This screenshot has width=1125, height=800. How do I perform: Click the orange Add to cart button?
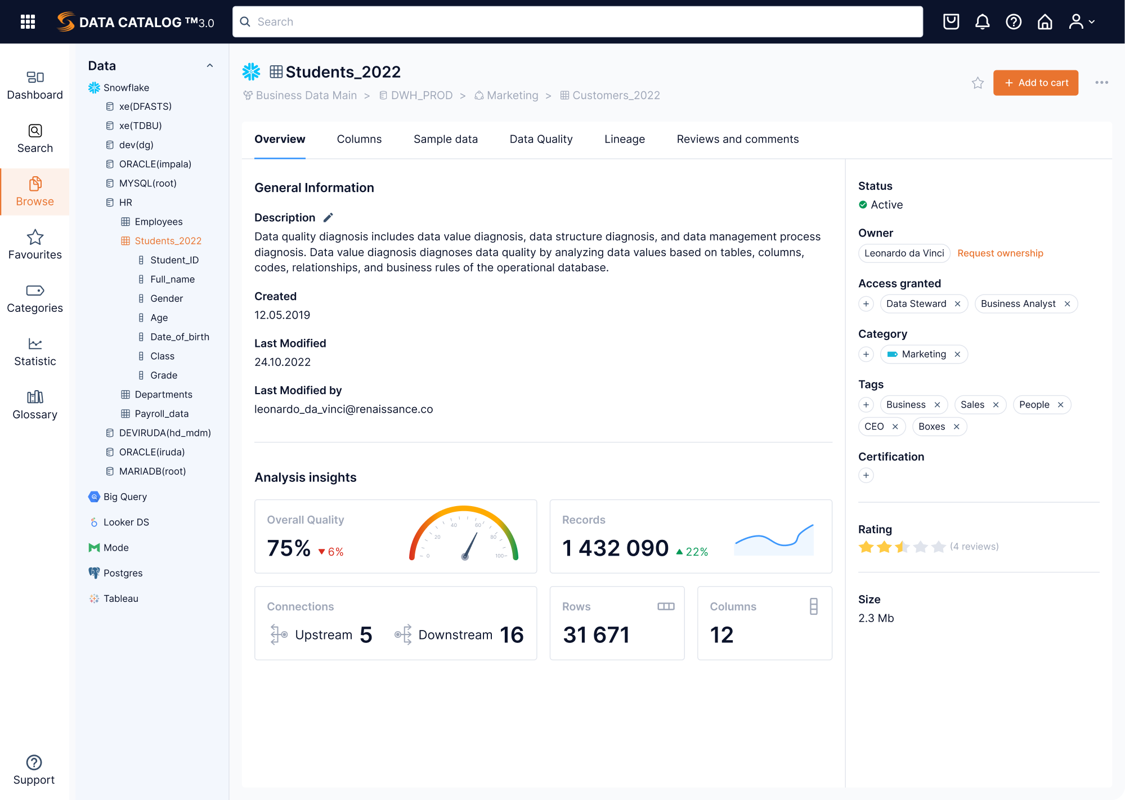pyautogui.click(x=1035, y=83)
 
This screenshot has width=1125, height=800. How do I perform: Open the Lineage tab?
pyautogui.click(x=624, y=139)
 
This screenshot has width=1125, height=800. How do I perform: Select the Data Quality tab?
pyautogui.click(x=541, y=139)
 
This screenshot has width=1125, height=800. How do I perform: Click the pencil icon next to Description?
pyautogui.click(x=328, y=217)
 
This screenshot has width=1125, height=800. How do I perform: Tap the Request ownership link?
pyautogui.click(x=999, y=253)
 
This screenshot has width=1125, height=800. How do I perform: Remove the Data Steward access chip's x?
pyautogui.click(x=957, y=304)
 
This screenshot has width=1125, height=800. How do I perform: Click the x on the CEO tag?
pyautogui.click(x=895, y=427)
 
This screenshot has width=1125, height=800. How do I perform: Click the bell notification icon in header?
pyautogui.click(x=982, y=22)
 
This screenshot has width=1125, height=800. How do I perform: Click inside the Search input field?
pyautogui.click(x=577, y=22)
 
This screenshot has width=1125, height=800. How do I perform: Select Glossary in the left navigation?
pyautogui.click(x=35, y=405)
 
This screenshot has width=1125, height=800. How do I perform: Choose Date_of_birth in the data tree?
pyautogui.click(x=180, y=337)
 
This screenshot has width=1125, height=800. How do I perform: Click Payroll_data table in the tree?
pyautogui.click(x=162, y=414)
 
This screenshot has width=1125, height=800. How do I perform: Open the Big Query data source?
pyautogui.click(x=125, y=497)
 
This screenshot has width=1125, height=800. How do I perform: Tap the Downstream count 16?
pyautogui.click(x=512, y=635)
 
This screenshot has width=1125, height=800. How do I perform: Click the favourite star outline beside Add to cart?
pyautogui.click(x=978, y=83)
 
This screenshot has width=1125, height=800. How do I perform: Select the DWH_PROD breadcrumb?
pyautogui.click(x=421, y=96)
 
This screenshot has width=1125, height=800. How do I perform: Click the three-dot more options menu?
pyautogui.click(x=1101, y=83)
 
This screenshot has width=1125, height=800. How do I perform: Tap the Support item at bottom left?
pyautogui.click(x=34, y=770)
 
